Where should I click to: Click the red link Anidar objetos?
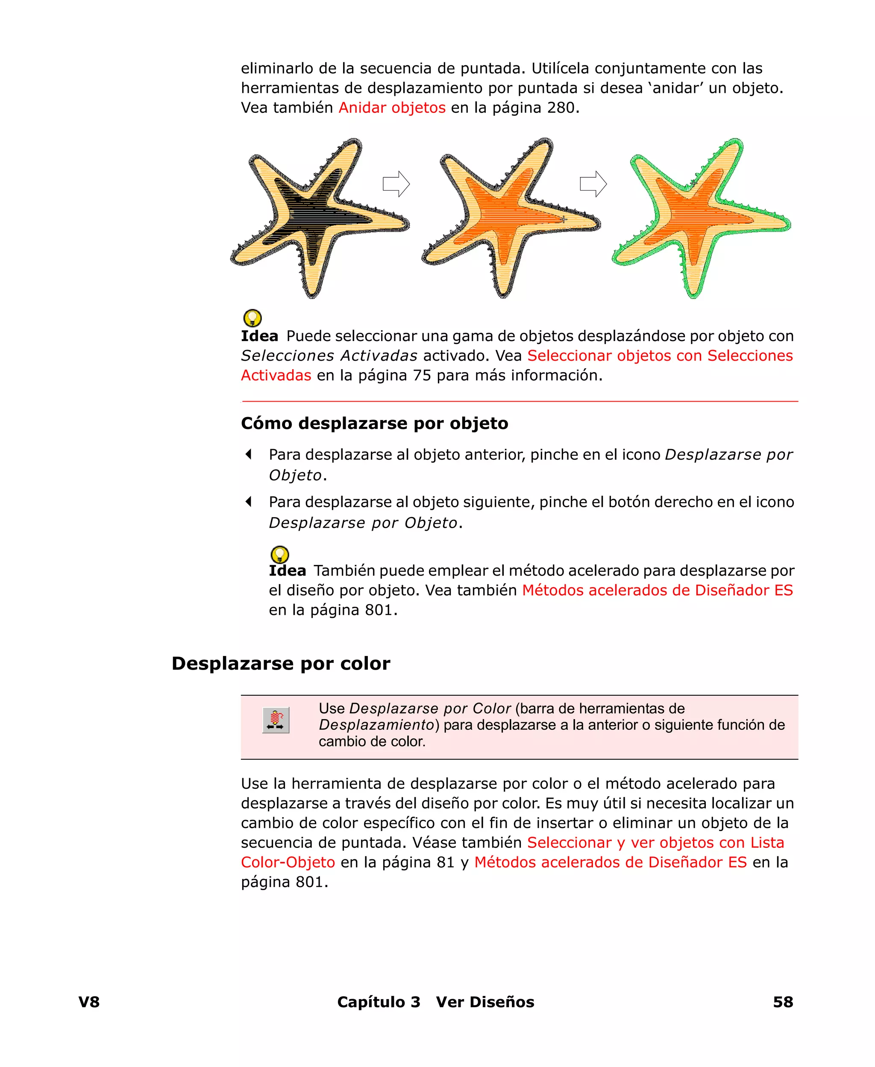[392, 108]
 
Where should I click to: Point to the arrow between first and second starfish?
[396, 184]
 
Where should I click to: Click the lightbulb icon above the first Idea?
[253, 318]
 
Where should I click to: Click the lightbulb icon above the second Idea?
[280, 554]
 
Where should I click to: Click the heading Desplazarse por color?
[281, 663]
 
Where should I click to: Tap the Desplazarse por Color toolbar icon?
[276, 720]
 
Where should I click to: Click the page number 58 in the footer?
[783, 1002]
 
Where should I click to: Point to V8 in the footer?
[89, 1002]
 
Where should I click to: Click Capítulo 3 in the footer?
[378, 1002]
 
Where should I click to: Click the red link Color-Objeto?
[288, 862]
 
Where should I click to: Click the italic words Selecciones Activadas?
[329, 356]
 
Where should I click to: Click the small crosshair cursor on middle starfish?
[564, 219]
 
